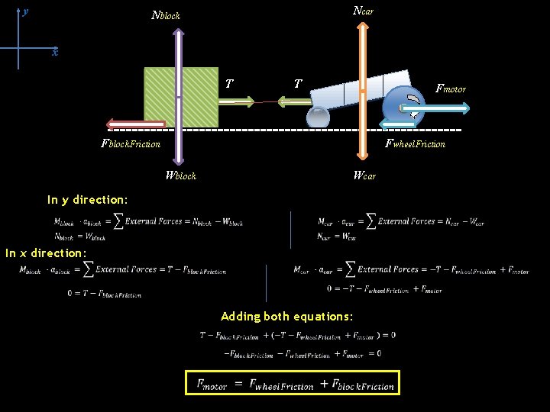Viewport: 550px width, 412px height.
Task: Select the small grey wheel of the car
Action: (318, 117)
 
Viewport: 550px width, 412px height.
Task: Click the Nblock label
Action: (166, 15)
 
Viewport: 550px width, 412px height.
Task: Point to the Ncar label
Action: (363, 11)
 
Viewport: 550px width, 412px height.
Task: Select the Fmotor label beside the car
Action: (450, 89)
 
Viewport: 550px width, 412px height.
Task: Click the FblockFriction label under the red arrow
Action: (131, 143)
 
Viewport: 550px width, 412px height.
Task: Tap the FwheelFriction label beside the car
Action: (415, 143)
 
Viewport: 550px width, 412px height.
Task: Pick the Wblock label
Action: (180, 175)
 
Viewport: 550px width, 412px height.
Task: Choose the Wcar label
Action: (364, 175)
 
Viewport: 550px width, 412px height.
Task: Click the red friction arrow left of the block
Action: (136, 124)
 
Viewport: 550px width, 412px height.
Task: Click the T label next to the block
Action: (230, 83)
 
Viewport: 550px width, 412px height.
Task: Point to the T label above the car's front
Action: (297, 83)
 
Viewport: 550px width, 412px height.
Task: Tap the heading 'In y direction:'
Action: (87, 200)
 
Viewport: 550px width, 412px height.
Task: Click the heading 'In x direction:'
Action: (46, 253)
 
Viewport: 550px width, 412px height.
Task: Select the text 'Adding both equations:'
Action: (286, 316)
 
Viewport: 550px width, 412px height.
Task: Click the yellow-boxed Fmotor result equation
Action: (293, 383)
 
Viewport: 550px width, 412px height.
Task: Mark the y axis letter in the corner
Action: (25, 11)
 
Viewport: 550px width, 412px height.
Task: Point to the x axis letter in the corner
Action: (54, 53)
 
